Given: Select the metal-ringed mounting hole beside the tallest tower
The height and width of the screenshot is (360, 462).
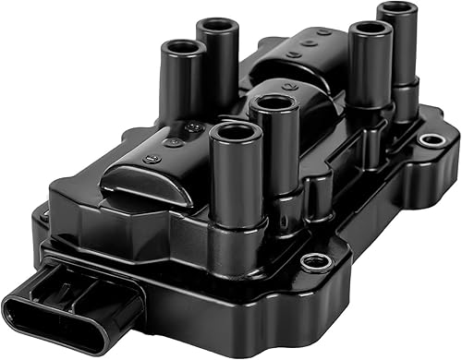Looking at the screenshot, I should [x=431, y=140].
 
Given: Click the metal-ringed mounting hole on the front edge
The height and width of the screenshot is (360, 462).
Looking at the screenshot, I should [x=316, y=261].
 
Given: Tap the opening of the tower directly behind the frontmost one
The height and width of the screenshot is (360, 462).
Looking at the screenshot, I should [x=274, y=102].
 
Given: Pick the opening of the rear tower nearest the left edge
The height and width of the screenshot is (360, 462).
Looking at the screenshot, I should [x=182, y=48].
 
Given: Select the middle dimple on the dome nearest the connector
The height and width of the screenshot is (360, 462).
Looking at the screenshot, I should [x=171, y=143].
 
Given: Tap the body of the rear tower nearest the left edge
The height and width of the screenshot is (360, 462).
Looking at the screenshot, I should [x=182, y=88].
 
